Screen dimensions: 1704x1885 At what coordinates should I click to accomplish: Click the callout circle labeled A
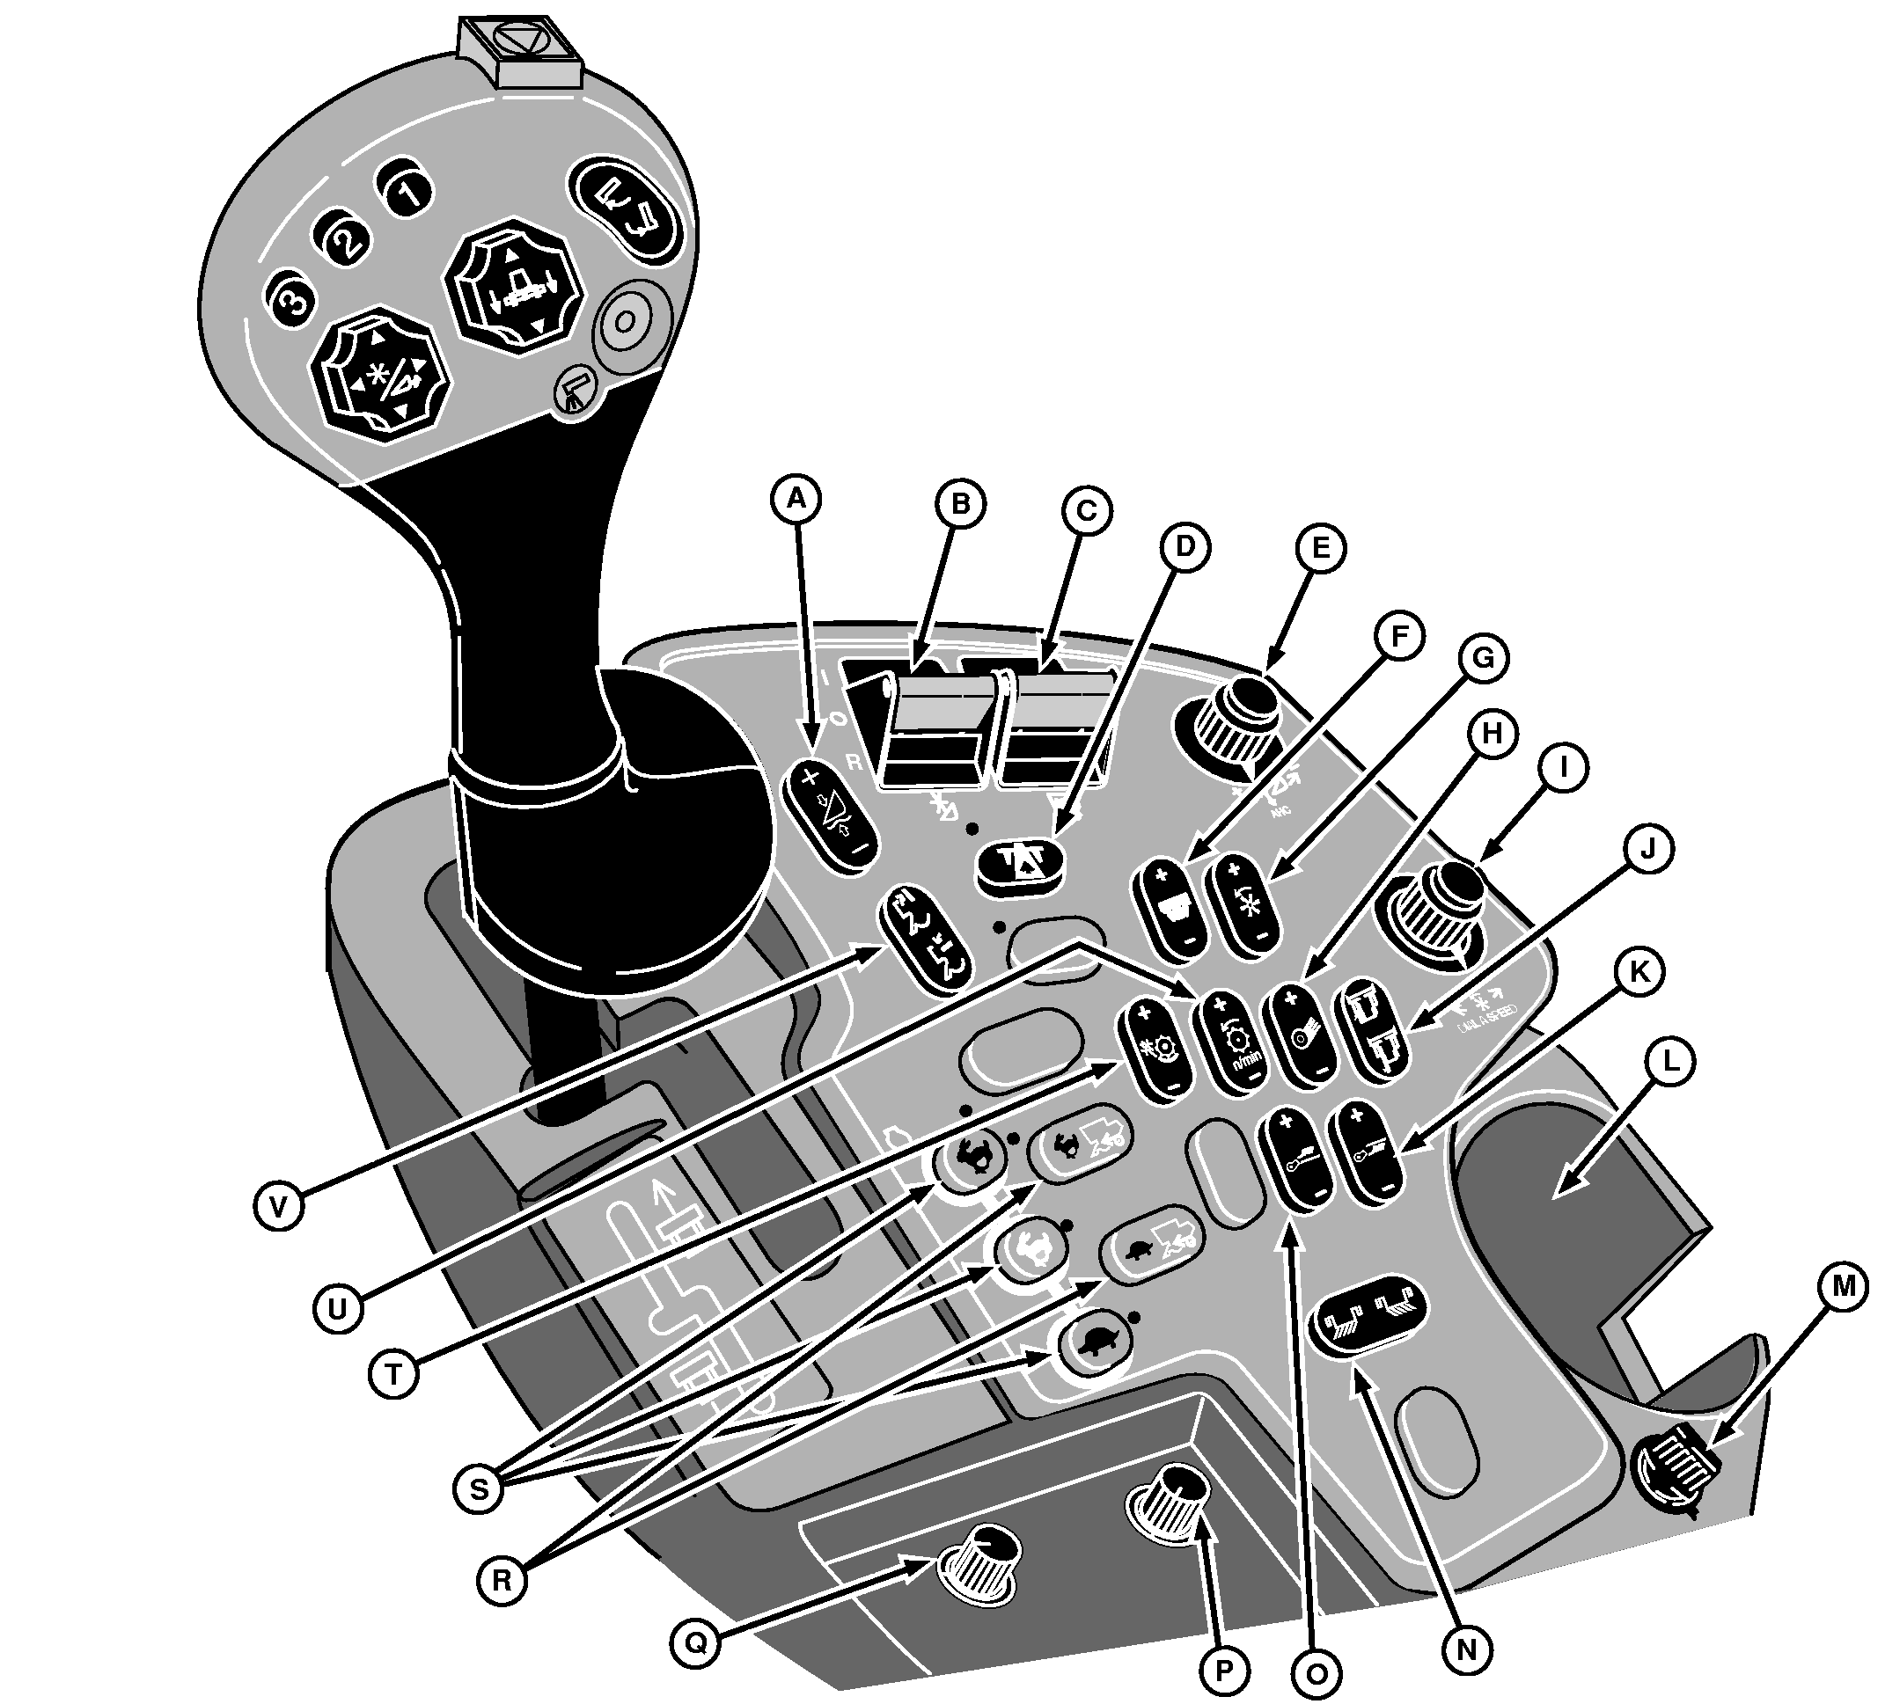(x=796, y=500)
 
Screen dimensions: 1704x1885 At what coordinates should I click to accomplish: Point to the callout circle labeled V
(x=279, y=1206)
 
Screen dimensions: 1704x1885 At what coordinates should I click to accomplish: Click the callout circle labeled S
(x=478, y=1488)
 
